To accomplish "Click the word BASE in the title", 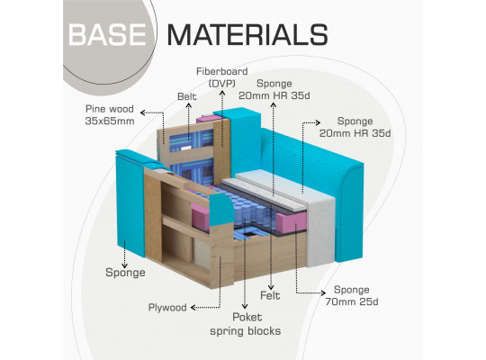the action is tap(107, 35).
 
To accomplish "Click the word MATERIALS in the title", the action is tap(247, 35).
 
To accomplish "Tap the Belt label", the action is tap(187, 96).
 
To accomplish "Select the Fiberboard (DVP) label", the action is tap(222, 77).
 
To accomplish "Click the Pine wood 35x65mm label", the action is tap(110, 114).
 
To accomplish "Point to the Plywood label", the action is tap(167, 307).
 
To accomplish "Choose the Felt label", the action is tap(270, 295).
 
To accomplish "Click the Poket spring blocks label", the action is tap(245, 324).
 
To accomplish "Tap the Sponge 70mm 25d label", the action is tap(352, 295).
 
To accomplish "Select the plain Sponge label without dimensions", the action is tap(125, 272).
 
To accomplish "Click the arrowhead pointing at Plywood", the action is tap(193, 308).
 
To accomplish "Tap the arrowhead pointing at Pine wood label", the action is tap(143, 112).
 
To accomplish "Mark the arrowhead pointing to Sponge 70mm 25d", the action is tap(323, 292).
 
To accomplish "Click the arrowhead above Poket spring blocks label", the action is tap(245, 306).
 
